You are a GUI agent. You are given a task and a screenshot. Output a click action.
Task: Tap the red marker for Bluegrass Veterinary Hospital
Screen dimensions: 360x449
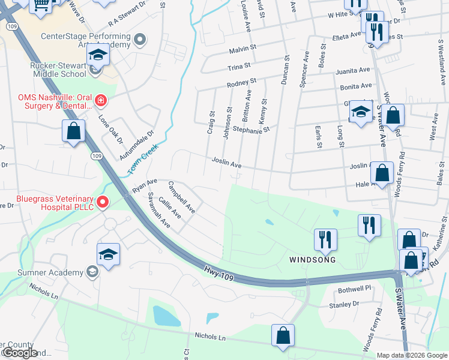102,202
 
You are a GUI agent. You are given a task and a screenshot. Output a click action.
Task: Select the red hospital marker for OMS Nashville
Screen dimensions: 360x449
100,100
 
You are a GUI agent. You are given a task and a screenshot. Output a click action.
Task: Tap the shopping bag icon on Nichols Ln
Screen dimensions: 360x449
283,336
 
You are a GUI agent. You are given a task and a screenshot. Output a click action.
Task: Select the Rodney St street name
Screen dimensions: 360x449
242,82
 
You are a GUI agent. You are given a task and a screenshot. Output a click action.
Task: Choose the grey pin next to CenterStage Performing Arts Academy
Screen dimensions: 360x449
140,40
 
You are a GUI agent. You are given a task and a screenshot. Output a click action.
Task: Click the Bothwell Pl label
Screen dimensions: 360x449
355,289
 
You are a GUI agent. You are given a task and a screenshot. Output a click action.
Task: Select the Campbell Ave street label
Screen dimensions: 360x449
182,197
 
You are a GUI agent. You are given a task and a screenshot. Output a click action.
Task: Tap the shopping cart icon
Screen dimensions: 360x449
41,5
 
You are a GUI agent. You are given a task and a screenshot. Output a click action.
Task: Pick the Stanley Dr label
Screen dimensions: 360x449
344,305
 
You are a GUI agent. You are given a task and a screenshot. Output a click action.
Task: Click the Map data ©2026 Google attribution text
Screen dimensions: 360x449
412,355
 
